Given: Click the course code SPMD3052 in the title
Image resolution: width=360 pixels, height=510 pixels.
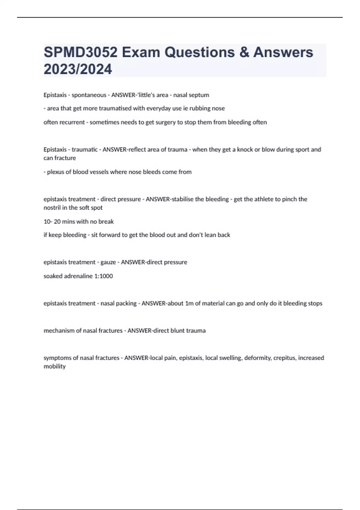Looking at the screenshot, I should coord(80,52).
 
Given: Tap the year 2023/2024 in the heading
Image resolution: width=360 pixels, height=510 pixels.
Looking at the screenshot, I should coord(78,69).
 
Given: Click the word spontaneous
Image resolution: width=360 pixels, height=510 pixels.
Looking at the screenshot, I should coord(89,95).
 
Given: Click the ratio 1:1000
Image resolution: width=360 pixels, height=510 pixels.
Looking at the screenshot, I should coord(103,276).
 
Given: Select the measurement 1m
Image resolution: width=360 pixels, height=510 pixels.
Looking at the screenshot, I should coord(189,303).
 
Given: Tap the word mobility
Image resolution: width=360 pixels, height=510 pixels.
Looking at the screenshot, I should coord(55,366).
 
